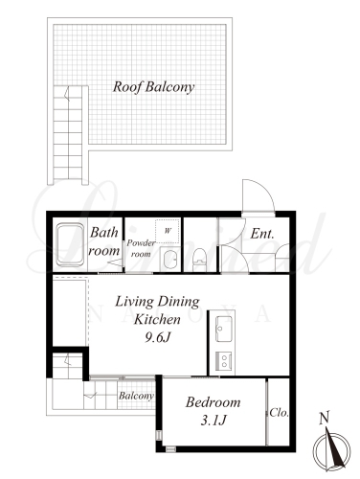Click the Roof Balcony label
click(x=153, y=87)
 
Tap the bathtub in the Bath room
click(x=70, y=244)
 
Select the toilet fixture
click(x=200, y=260)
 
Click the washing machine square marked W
click(x=168, y=231)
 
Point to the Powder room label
click(x=141, y=248)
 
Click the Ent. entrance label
click(x=262, y=234)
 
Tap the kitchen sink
click(x=224, y=329)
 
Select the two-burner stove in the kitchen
click(x=224, y=361)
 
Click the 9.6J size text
click(x=158, y=337)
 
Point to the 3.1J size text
click(x=214, y=421)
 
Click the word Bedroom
click(x=213, y=402)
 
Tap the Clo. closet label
click(x=279, y=413)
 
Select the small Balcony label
click(x=136, y=396)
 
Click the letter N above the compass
click(x=325, y=419)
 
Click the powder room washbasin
click(x=169, y=259)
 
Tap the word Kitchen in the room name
click(x=157, y=319)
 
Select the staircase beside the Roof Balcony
click(x=68, y=135)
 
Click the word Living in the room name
click(x=134, y=302)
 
